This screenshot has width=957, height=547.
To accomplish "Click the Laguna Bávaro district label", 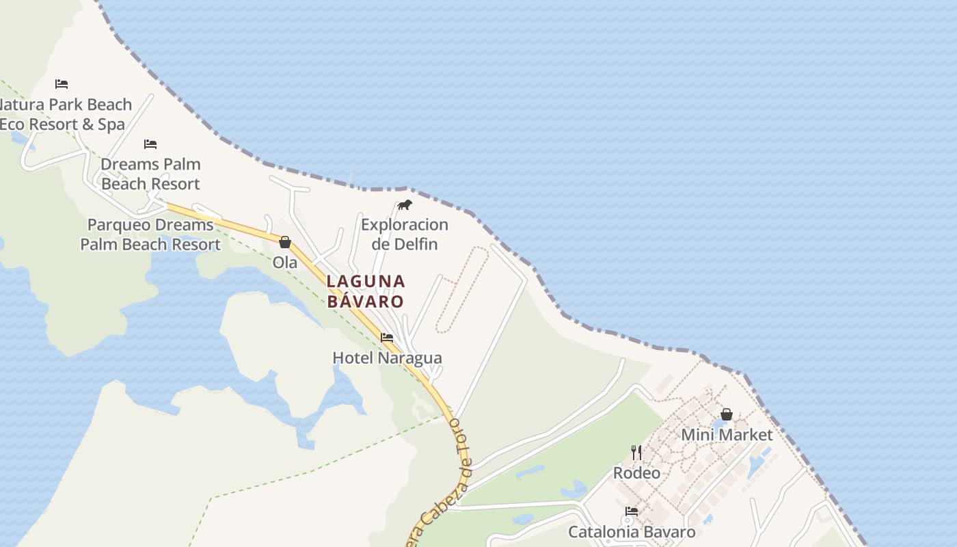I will [366, 291].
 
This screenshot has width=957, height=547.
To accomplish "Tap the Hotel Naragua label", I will [387, 358].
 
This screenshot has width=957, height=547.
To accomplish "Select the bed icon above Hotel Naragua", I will [387, 337].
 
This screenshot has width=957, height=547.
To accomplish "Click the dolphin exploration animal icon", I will [405, 204].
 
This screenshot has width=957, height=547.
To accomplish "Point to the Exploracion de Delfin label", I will [404, 234].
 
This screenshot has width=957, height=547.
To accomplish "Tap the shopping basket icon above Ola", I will [285, 242].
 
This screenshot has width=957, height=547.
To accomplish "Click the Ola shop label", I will [285, 263].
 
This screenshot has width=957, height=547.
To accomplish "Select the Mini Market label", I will [727, 435].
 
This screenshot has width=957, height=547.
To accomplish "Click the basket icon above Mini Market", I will [727, 414].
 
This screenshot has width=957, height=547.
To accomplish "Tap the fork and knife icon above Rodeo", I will [636, 452].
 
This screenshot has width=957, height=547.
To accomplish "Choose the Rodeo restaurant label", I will [636, 472].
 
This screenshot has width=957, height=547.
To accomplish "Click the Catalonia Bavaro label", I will [632, 532].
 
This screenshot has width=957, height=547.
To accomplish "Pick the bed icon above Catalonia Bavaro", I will [632, 511].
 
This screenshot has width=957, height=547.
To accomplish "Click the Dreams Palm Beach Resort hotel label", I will [150, 174].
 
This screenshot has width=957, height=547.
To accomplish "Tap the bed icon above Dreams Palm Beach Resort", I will [150, 144].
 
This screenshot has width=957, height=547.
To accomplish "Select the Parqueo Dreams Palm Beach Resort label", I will [150, 234].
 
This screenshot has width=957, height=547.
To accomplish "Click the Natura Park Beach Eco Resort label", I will [66, 114].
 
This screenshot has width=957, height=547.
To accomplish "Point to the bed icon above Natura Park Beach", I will [62, 84].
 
